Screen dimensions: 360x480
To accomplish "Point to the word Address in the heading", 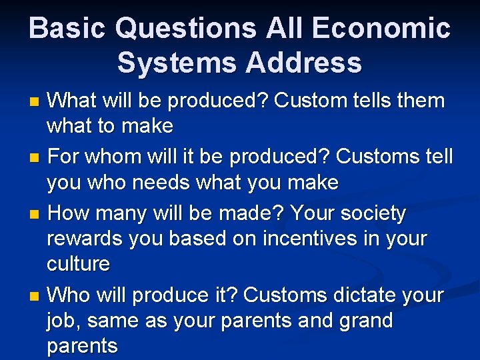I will pyautogui.click(x=303, y=63).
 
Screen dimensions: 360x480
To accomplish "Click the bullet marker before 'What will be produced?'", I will pyautogui.click(x=35, y=102).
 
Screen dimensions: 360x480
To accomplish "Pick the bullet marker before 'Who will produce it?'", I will pyautogui.click(x=35, y=295).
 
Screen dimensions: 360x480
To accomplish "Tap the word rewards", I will pyautogui.click(x=87, y=239).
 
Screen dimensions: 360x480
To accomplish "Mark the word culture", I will pyautogui.click(x=78, y=264).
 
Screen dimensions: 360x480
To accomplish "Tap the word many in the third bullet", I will pyautogui.click(x=129, y=214).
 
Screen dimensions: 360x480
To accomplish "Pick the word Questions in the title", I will pyautogui.click(x=185, y=29).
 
